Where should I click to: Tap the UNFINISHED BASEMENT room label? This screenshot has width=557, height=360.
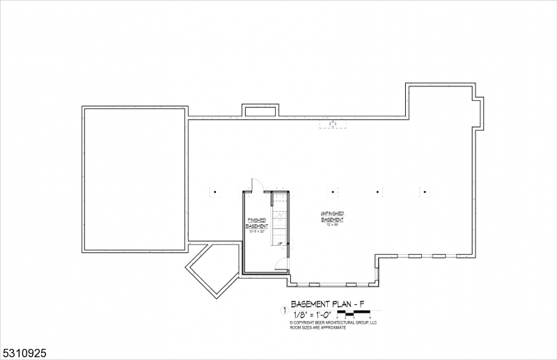point(332,217)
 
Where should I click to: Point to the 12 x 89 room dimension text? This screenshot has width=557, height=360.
point(333,225)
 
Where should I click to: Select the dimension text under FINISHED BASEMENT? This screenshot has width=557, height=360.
point(257,232)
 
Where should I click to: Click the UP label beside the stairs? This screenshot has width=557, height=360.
point(279,244)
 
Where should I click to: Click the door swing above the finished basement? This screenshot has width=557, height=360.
point(256,185)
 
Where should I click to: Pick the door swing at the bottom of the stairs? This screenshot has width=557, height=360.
point(281,263)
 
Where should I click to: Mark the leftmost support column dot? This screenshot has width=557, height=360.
point(215,191)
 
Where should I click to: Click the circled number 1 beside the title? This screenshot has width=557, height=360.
point(283,311)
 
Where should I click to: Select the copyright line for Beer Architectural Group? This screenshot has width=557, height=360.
point(333,323)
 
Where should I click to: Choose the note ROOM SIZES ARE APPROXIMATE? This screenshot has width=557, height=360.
point(319,328)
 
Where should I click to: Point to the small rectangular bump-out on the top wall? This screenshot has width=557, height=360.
point(260,111)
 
